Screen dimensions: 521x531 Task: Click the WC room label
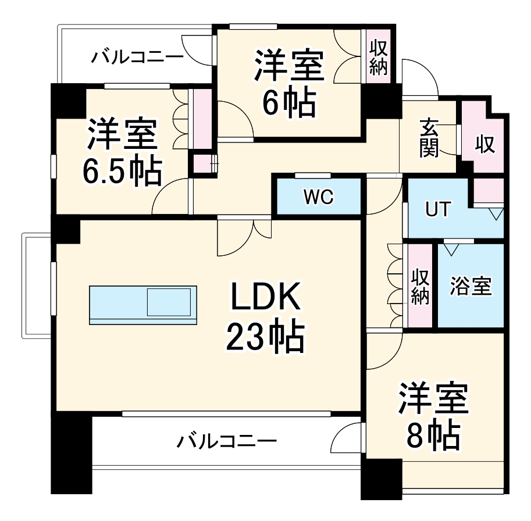tap(318, 197)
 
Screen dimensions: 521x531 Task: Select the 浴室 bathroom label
tap(471, 286)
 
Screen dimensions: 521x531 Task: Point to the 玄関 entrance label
tap(429, 138)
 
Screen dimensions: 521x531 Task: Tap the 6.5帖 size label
tap(121, 170)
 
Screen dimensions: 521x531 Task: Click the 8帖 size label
tap(433, 434)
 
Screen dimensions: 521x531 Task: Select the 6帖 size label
tap(289, 103)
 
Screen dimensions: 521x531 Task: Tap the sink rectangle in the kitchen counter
tap(169, 302)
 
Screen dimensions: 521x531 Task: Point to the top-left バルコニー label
tap(137, 57)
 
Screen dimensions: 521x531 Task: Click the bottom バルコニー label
tap(227, 441)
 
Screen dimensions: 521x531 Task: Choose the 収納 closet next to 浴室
tap(420, 286)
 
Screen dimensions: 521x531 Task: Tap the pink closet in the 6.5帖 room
tap(203, 119)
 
